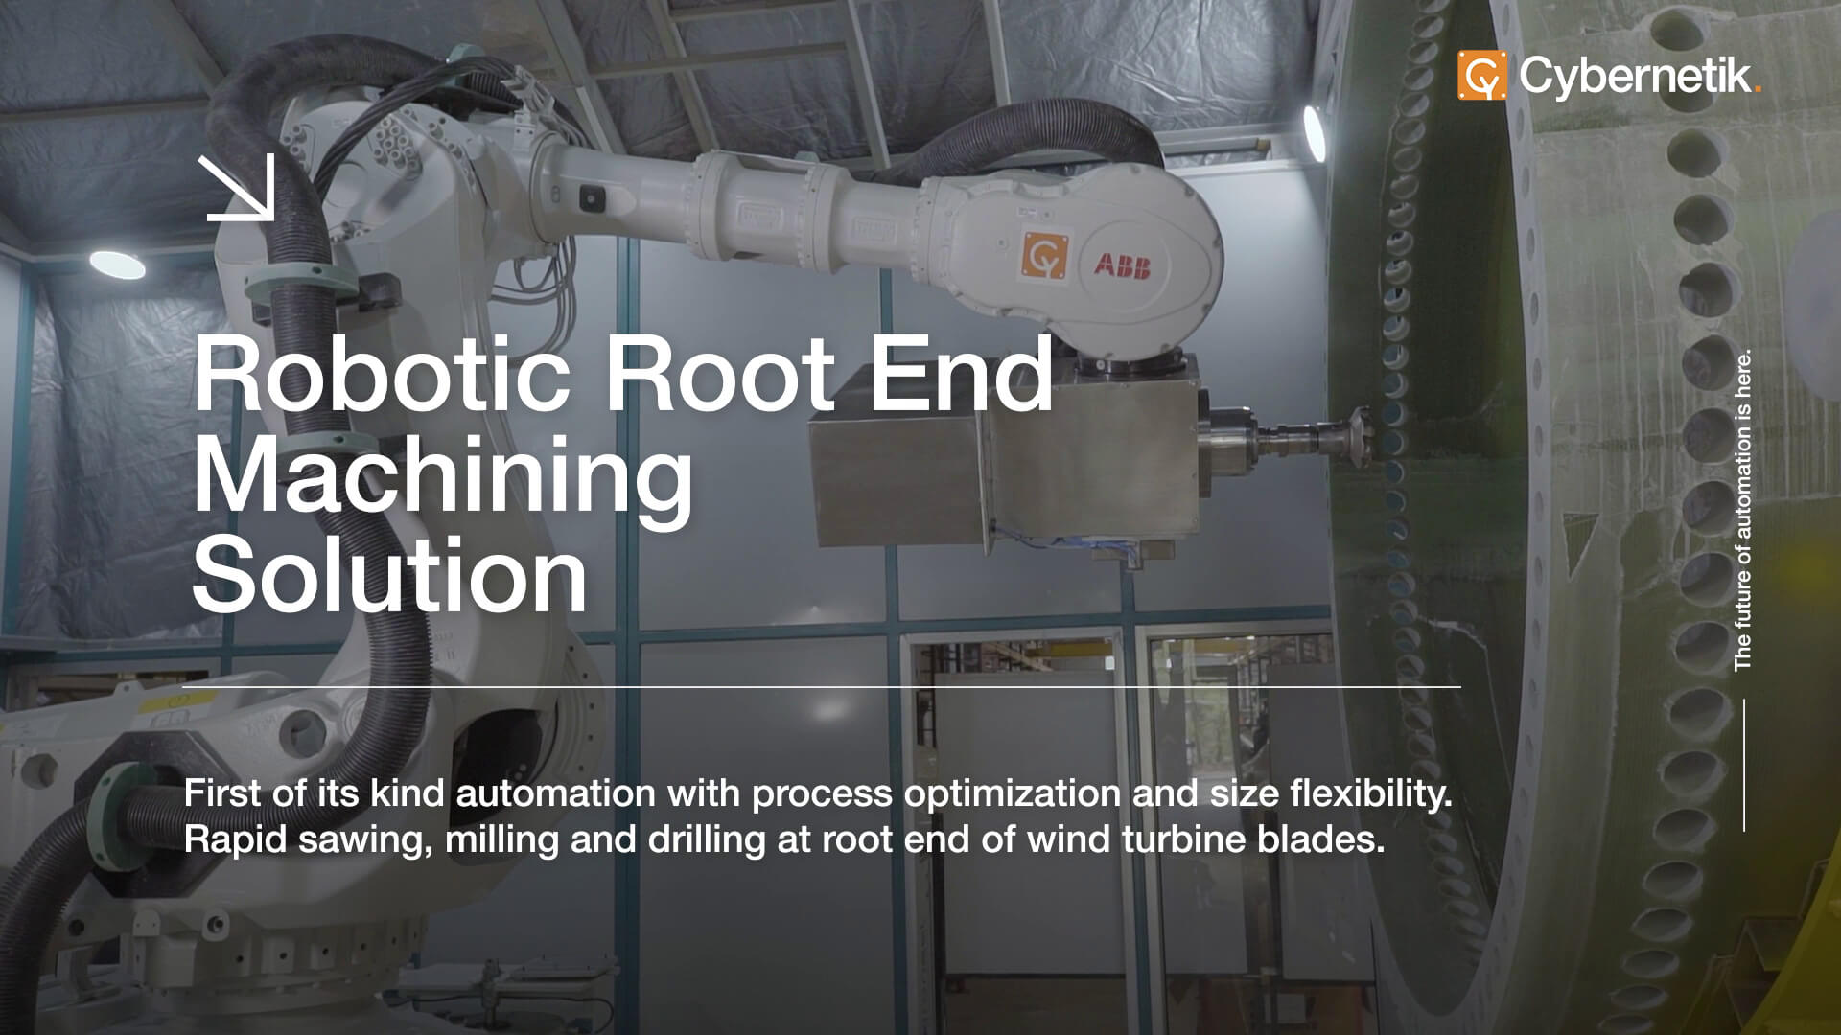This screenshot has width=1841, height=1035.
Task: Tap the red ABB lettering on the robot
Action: point(1121,265)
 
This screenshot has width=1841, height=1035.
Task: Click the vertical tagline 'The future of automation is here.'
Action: point(1743,508)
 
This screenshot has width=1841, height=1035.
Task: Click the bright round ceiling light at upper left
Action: point(117,264)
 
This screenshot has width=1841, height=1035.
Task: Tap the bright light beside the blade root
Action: point(1313,133)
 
